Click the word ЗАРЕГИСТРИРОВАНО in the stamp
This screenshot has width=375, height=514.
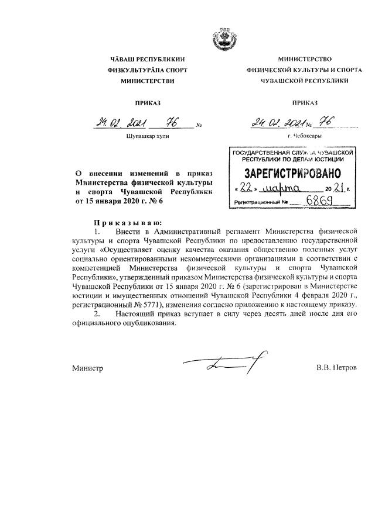pos(288,174)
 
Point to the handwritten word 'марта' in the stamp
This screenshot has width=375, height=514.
pos(282,188)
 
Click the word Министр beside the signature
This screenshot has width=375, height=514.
pos(88,369)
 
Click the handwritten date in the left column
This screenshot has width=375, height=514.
pos(120,123)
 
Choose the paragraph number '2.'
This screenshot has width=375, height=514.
pos(98,315)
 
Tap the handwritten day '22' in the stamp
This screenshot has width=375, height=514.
pos(246,188)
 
